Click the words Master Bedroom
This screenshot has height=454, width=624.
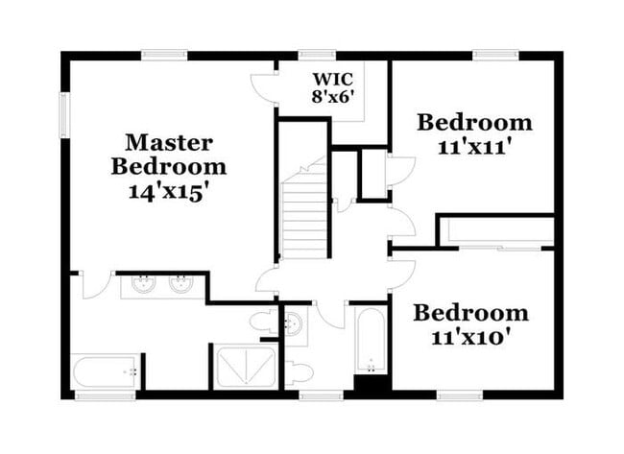click(x=169, y=154)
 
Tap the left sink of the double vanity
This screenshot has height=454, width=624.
click(x=145, y=284)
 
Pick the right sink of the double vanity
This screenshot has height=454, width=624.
click(x=180, y=284)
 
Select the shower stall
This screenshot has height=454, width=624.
click(x=246, y=366)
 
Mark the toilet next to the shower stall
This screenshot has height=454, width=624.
click(x=263, y=322)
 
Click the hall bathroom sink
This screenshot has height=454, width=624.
click(x=296, y=324)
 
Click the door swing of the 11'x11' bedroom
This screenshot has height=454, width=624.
click(x=399, y=171)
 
